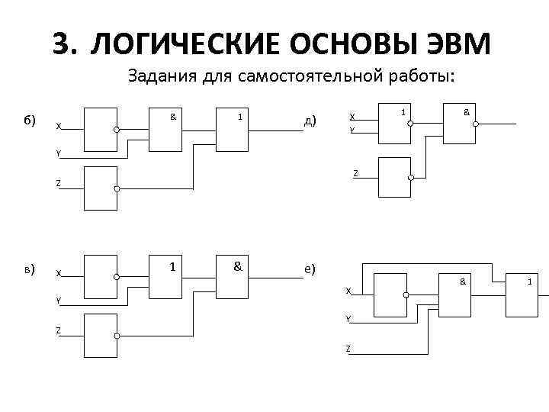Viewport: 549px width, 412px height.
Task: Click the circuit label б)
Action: point(30,121)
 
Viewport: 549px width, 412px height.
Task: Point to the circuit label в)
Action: point(30,269)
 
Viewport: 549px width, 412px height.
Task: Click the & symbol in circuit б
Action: point(173,117)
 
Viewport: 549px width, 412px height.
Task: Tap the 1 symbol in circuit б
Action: point(240,117)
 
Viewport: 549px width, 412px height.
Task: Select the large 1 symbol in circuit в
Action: point(174,266)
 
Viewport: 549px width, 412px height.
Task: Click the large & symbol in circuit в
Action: point(238,266)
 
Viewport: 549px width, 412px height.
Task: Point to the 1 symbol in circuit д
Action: point(403,112)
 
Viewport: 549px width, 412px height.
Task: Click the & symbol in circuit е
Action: point(462,282)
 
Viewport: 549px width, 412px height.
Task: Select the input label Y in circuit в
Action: point(58,301)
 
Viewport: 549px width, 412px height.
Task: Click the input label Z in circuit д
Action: point(355,174)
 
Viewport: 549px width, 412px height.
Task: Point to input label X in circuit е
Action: point(348,291)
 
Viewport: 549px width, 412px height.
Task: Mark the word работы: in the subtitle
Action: point(422,76)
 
